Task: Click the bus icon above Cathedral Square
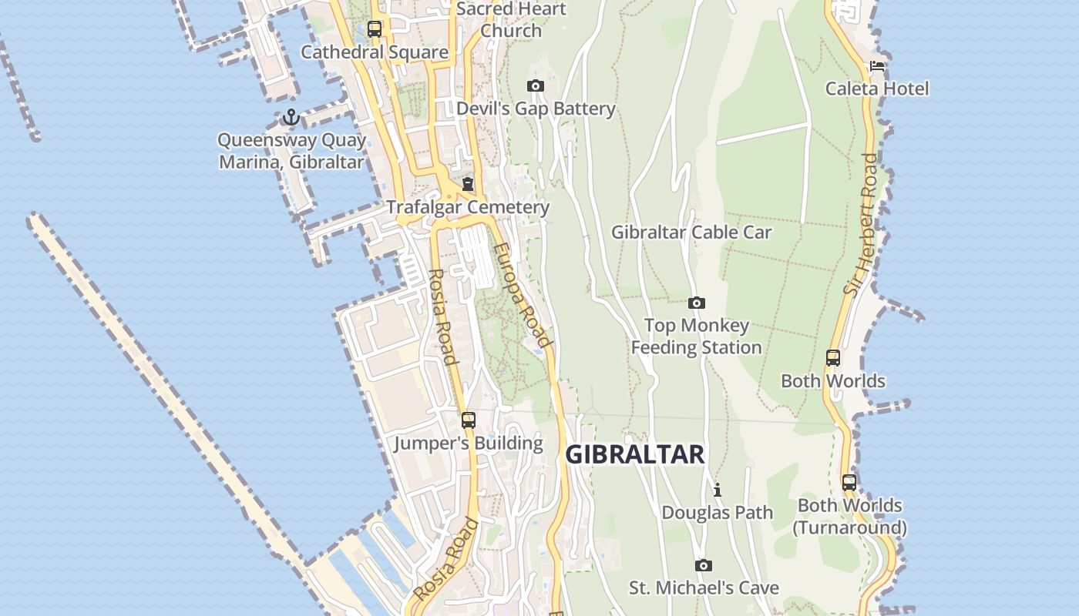point(375,30)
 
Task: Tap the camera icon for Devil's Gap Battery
point(536,85)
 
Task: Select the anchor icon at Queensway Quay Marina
point(291,118)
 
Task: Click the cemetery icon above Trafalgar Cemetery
point(468,185)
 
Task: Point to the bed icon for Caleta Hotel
point(877,66)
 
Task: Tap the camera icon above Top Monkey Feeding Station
point(697,303)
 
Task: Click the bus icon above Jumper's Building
point(469,420)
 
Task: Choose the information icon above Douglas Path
point(718,490)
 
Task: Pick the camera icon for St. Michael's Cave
point(704,566)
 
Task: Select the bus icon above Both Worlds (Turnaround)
point(849,483)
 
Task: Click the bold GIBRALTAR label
point(635,454)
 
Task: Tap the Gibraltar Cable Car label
point(691,232)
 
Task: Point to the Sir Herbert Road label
point(861,224)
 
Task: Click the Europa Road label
point(523,296)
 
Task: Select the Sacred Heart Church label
point(511,20)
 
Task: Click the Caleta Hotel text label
point(877,89)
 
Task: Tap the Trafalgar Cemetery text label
point(468,207)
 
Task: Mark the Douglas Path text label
point(717,512)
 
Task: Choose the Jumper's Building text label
point(469,444)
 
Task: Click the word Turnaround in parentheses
point(850,527)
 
